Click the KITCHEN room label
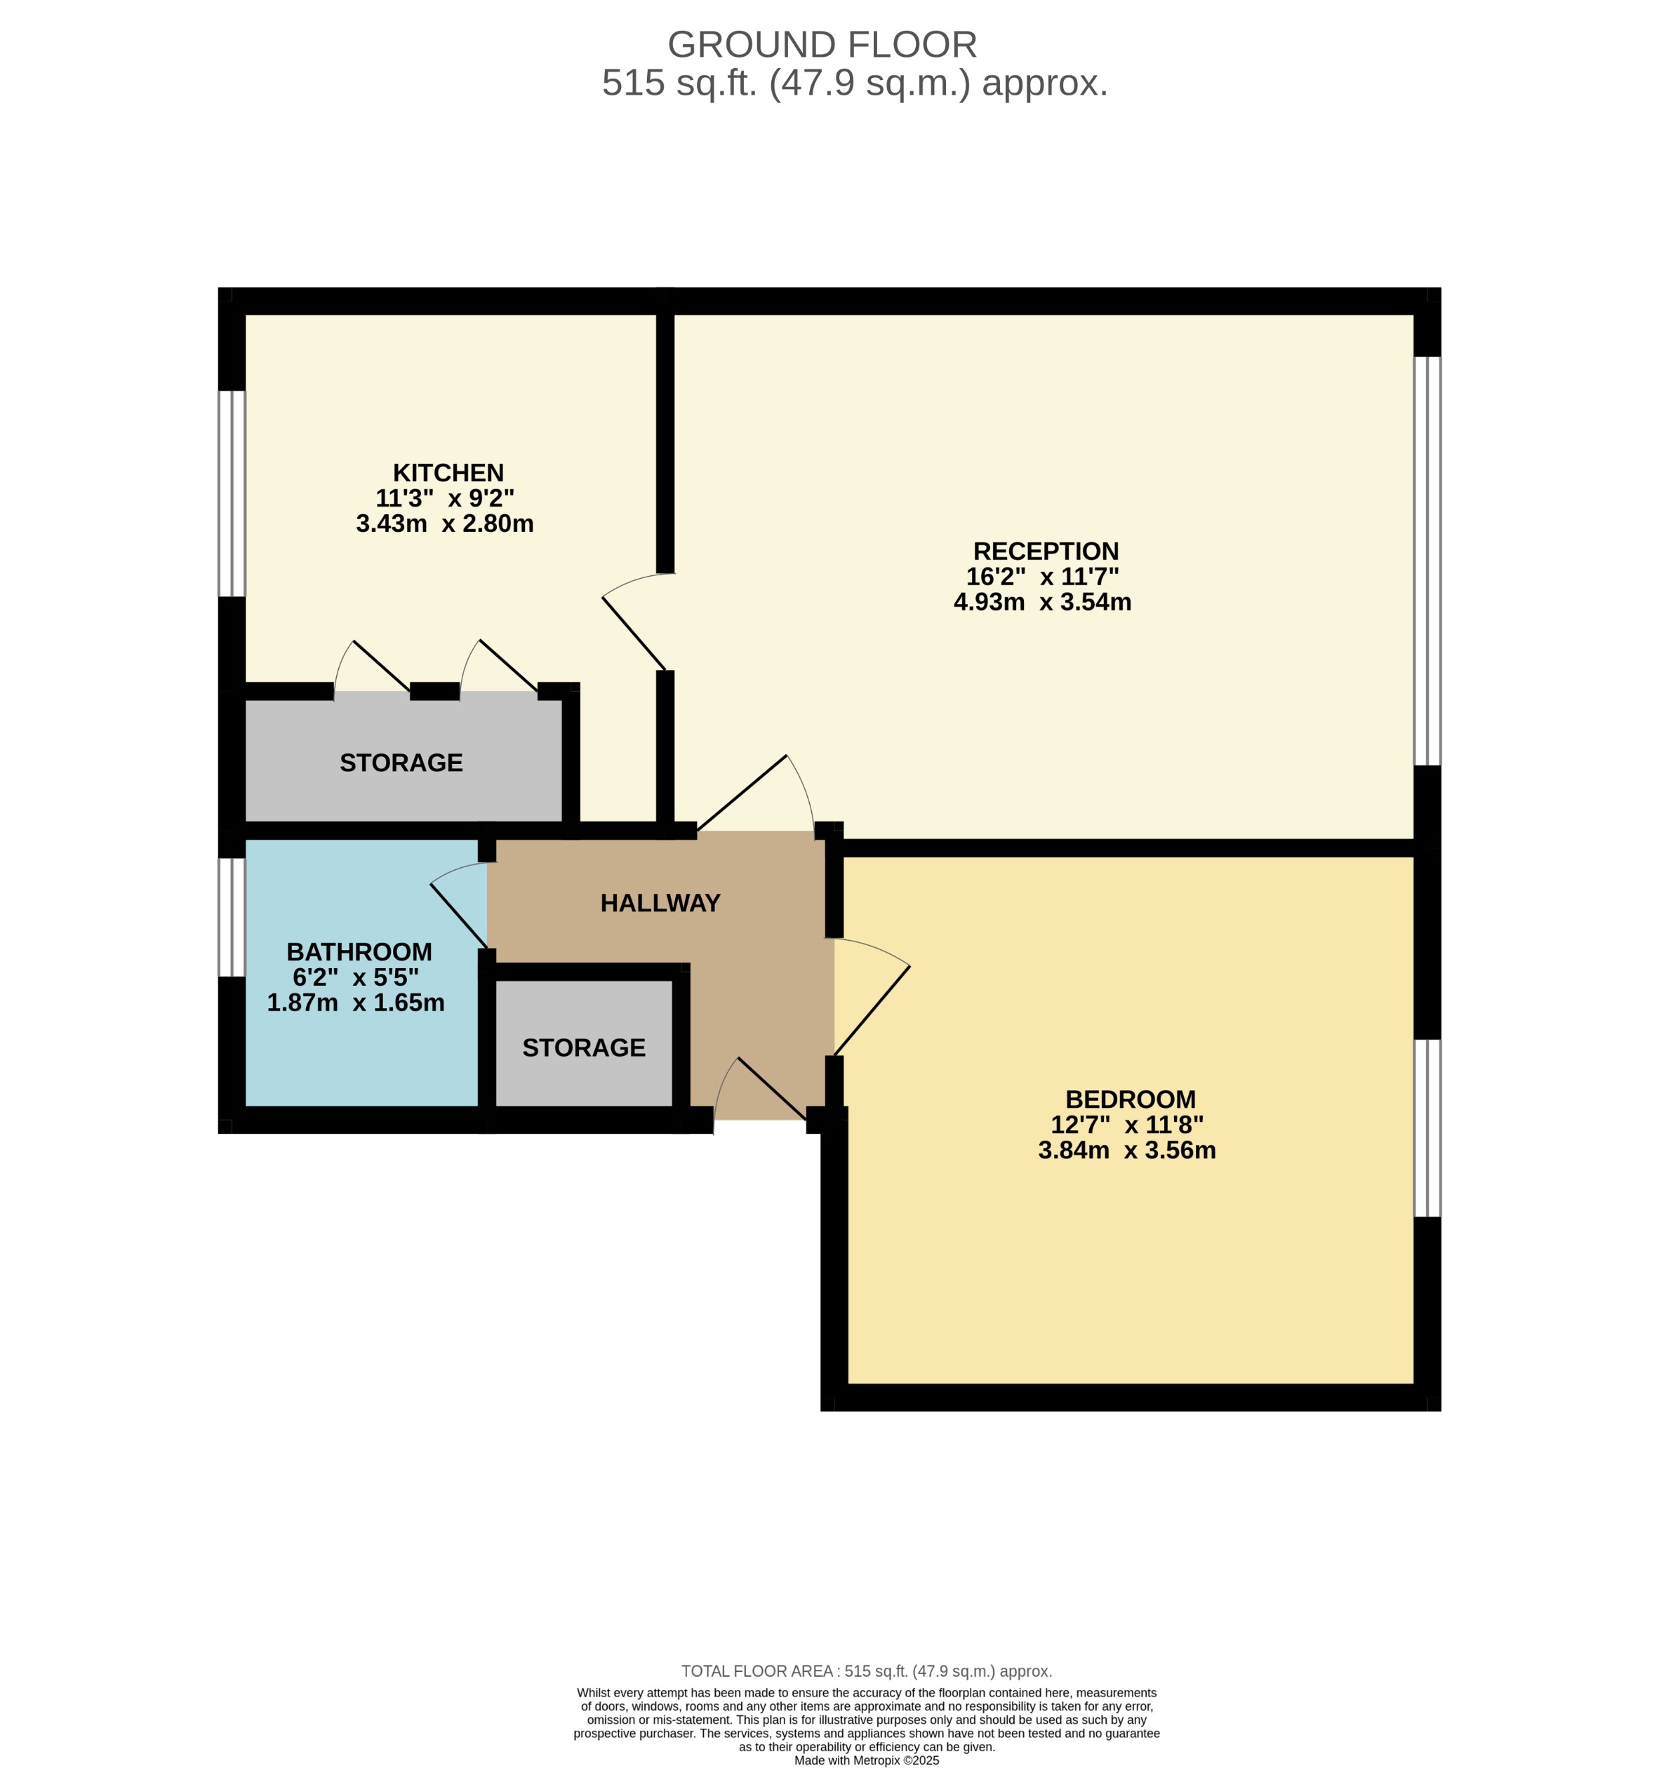point(448,472)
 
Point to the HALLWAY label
point(660,903)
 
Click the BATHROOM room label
point(359,951)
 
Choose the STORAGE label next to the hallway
point(584,1047)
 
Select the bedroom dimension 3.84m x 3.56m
point(1126,1150)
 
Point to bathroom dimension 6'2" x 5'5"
point(355,977)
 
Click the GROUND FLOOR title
point(822,44)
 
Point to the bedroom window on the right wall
point(1426,1127)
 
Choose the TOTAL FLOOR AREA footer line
point(867,1671)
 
